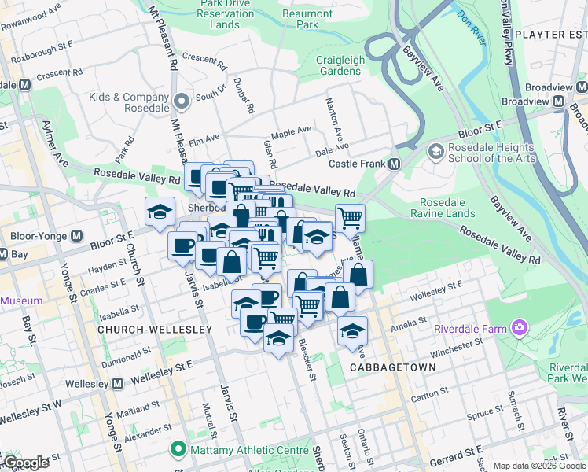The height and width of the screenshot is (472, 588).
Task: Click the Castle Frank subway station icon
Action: point(395,164)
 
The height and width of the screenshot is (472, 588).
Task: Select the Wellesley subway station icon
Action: point(117,383)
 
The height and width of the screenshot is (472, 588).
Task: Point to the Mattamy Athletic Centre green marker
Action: point(178,451)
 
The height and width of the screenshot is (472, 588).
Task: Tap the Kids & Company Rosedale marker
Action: point(182,100)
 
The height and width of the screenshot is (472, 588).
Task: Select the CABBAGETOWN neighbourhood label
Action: point(381,367)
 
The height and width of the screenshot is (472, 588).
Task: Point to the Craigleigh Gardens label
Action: point(338,65)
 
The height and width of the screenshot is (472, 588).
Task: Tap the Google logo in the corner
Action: point(25,463)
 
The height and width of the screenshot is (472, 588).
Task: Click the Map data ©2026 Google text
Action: point(538,466)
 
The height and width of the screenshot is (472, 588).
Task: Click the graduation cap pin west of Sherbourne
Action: point(160,212)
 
